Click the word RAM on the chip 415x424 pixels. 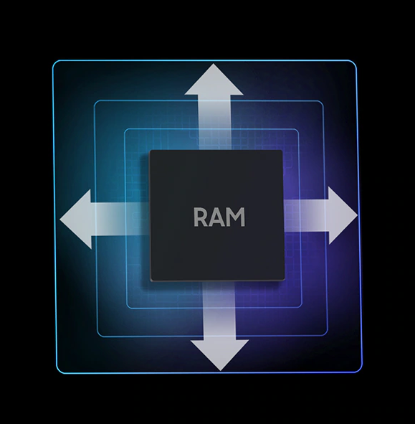click(219, 217)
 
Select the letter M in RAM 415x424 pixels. click(236, 217)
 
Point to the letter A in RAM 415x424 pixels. click(218, 217)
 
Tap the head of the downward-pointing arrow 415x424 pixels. click(219, 355)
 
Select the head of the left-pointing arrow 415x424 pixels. click(76, 219)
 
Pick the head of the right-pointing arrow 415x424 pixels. click(343, 215)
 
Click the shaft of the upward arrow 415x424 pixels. click(215, 123)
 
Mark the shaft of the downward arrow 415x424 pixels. click(219, 311)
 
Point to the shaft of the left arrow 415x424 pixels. click(120, 219)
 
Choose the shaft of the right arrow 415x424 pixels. click(306, 215)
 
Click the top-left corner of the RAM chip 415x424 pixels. click(150, 151)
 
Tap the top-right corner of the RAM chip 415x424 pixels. click(282, 151)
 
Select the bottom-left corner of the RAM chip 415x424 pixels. click(151, 281)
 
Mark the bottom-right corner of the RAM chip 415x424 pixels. click(285, 280)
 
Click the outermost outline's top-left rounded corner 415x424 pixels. click(54, 62)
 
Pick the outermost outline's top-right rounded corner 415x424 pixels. click(355, 62)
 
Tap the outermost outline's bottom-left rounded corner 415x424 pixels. click(58, 372)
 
